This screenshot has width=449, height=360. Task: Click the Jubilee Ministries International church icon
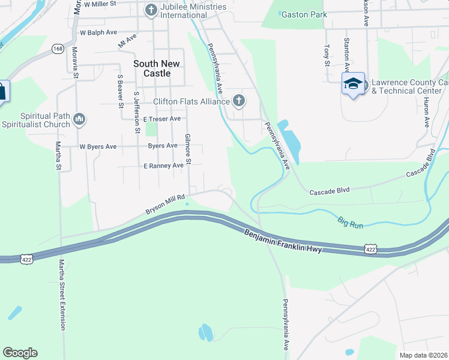tap(151, 10)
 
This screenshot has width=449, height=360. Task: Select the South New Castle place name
tap(152, 68)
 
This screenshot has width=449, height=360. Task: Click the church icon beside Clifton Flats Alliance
tap(239, 101)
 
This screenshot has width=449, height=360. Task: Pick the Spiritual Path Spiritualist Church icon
tap(79, 120)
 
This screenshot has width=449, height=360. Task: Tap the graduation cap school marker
tap(353, 84)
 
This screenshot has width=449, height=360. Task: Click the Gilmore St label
tap(188, 149)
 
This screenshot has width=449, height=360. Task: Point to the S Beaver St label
tap(121, 91)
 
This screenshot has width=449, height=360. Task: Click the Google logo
tap(20, 353)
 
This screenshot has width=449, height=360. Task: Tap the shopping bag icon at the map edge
tap(2, 92)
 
